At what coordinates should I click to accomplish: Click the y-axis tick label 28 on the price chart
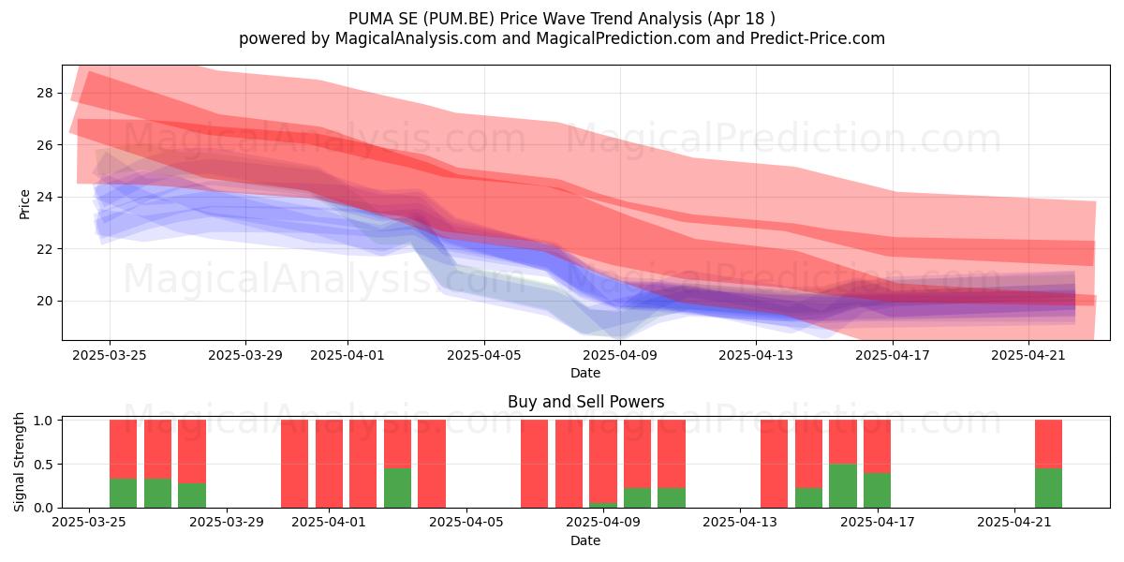coord(44,93)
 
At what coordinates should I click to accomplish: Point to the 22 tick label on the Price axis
coord(44,249)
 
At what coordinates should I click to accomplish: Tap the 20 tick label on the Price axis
coord(44,301)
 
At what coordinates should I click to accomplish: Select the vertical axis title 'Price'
coord(24,204)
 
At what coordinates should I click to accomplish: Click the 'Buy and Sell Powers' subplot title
coord(585,402)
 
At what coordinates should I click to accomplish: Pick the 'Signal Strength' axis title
coord(19,462)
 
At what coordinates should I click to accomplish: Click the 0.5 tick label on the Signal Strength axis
coord(43,465)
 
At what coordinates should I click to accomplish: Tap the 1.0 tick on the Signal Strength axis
coord(43,421)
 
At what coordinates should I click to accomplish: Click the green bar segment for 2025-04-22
coord(1048,488)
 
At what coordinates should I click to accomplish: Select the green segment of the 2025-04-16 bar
coord(842,486)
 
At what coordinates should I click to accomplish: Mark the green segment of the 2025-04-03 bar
coord(397,488)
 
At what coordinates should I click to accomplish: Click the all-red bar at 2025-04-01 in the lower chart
coord(329,464)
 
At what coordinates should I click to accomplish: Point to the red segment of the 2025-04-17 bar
coord(877,446)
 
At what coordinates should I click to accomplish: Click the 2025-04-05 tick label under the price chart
coord(484,355)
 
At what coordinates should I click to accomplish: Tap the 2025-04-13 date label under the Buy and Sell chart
coord(741,522)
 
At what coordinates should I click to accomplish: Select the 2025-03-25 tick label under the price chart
coord(110,355)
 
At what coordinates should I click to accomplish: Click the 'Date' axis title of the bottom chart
coord(585,540)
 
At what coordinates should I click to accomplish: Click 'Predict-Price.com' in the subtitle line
coord(818,38)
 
